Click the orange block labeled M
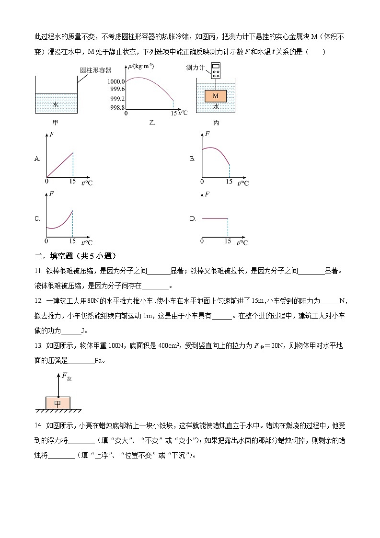click(x=216, y=96)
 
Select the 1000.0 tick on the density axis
click(x=117, y=82)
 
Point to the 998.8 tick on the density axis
click(x=117, y=108)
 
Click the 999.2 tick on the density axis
click(x=117, y=99)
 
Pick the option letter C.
click(x=37, y=219)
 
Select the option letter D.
click(x=193, y=219)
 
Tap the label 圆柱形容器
click(x=95, y=70)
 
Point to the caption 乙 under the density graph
click(x=152, y=123)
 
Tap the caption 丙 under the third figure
click(x=216, y=123)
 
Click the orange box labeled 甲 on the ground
click(x=58, y=403)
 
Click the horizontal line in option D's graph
click(x=214, y=218)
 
